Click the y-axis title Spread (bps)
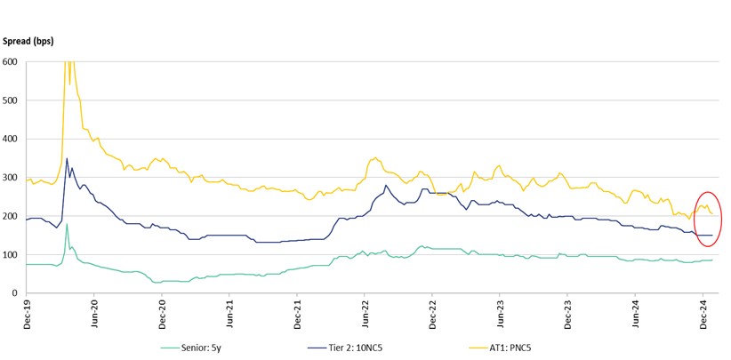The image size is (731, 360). point(30,42)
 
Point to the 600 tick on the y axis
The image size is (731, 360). point(12,61)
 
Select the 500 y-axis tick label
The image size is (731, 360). point(12,100)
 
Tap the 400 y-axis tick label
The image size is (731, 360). point(12,139)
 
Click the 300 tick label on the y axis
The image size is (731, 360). point(12,178)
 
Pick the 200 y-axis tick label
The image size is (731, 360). point(12,216)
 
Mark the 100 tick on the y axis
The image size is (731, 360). point(12,255)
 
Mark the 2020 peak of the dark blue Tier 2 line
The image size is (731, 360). point(67,159)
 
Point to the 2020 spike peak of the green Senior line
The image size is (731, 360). point(67,224)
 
